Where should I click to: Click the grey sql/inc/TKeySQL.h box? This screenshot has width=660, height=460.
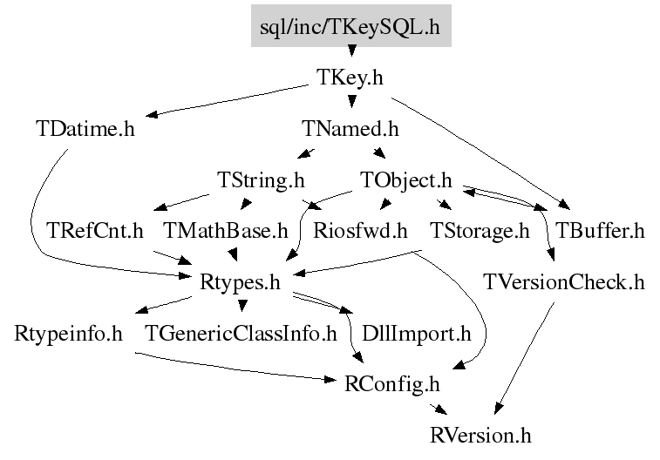click(x=351, y=25)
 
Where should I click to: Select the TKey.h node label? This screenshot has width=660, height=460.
click(x=350, y=78)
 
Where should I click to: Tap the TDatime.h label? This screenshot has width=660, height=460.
click(x=85, y=129)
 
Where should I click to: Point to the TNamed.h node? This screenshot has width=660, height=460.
click(x=350, y=129)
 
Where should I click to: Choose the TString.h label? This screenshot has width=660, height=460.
click(x=261, y=181)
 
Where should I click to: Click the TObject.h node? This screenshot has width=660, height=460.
click(x=406, y=181)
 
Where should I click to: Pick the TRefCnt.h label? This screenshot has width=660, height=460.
click(x=95, y=231)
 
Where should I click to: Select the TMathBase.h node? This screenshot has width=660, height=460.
click(x=226, y=231)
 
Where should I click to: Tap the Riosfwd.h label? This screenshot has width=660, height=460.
click(x=360, y=231)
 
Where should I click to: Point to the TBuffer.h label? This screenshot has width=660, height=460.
click(x=600, y=231)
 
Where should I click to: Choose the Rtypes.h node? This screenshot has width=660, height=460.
click(x=240, y=282)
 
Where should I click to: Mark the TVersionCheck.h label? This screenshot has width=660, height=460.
click(x=564, y=282)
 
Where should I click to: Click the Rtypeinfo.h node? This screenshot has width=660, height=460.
click(x=68, y=335)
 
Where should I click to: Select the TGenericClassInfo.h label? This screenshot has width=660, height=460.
click(x=241, y=334)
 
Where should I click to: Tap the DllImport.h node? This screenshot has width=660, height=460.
click(x=417, y=335)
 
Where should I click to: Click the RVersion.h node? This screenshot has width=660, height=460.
click(x=480, y=436)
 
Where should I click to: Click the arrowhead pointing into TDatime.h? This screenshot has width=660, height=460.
click(x=152, y=114)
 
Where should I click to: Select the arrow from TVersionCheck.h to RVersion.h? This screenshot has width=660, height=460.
click(x=525, y=358)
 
